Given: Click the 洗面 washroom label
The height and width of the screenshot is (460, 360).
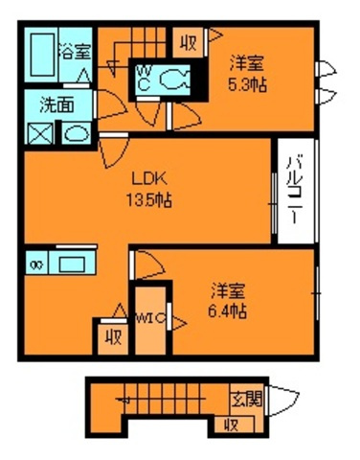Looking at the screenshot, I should pos(54,105).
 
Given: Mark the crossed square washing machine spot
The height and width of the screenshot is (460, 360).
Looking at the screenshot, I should pos(41,132).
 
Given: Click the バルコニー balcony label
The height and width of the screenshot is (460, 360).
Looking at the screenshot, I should pos(292,188).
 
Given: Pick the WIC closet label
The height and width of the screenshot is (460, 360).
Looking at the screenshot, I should pos(149,318).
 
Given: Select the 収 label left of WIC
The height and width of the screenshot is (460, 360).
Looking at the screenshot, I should pos(112,337).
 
